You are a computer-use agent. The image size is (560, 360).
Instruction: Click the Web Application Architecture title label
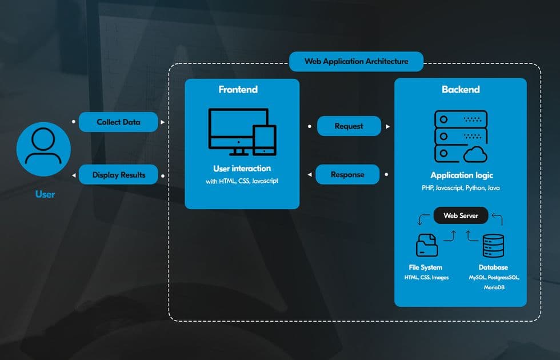356,61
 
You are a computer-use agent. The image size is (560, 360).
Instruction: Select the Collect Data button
118,122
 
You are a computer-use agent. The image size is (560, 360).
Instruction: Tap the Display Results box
119,175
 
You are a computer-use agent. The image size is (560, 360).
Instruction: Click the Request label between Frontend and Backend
349,126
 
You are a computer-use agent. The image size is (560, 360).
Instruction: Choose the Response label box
347,174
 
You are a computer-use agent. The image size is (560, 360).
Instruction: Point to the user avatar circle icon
43,147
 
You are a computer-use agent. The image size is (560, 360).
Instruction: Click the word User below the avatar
45,194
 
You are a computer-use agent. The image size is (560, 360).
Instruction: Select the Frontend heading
238,90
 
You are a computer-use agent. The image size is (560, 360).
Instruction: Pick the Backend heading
461,90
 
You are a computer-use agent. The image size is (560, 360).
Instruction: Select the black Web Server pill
461,215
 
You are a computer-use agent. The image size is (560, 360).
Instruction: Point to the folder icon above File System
426,245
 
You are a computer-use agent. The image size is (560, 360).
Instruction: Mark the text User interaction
242,169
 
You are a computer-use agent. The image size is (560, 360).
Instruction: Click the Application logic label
461,175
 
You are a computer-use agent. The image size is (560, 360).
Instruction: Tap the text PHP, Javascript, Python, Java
461,187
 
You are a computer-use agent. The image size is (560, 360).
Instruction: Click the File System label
426,267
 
